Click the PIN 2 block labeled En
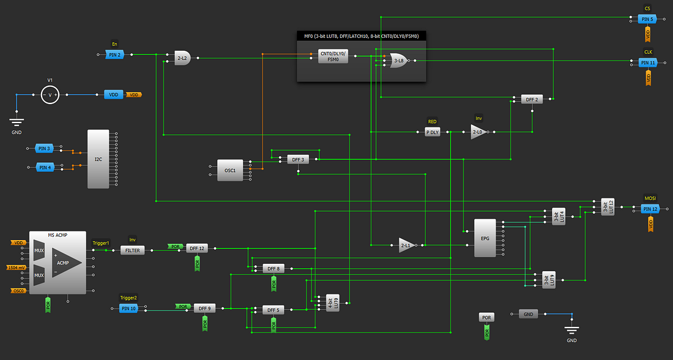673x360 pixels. point(114,55)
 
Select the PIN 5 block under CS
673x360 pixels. point(647,20)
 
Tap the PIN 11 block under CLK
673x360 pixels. point(648,62)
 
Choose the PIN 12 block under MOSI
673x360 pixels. point(650,209)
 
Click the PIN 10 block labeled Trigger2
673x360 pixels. point(128,309)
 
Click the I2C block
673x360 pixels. point(98,159)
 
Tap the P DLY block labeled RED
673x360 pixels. point(433,132)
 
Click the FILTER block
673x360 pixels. point(132,250)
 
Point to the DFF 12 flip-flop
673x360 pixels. point(196,249)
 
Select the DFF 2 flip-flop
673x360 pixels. point(532,99)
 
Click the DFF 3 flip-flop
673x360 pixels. point(298,159)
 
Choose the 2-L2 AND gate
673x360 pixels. point(182,59)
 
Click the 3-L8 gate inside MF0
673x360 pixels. point(397,61)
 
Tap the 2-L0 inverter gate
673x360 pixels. point(478,132)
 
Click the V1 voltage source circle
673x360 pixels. point(50,95)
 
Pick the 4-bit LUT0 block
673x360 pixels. point(333,301)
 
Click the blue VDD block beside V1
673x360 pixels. point(113,95)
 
